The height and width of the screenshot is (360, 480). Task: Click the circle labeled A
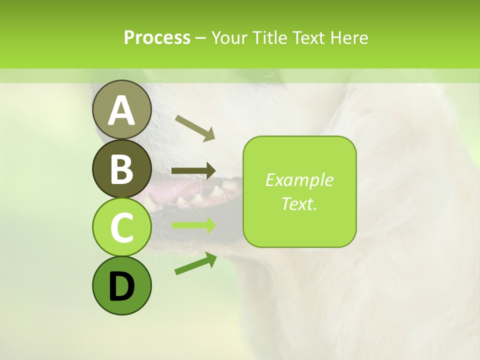point(122,109)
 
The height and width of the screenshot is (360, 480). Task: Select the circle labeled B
point(122,168)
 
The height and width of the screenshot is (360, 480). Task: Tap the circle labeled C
point(122,227)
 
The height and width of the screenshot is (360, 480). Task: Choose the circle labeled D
point(122,285)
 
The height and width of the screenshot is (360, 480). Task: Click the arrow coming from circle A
point(195,127)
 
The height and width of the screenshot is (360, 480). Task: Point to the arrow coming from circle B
point(193,171)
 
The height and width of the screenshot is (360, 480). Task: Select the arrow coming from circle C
point(193,225)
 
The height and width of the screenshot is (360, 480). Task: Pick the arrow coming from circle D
point(195,263)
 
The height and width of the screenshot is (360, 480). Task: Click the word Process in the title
point(157,37)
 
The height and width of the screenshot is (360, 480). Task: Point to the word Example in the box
point(299,180)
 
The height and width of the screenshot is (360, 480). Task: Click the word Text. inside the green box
point(299,203)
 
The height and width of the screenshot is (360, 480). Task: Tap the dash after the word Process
point(201,38)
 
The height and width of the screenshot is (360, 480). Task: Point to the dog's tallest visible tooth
point(216,190)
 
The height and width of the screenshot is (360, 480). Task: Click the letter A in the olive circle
point(122,110)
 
